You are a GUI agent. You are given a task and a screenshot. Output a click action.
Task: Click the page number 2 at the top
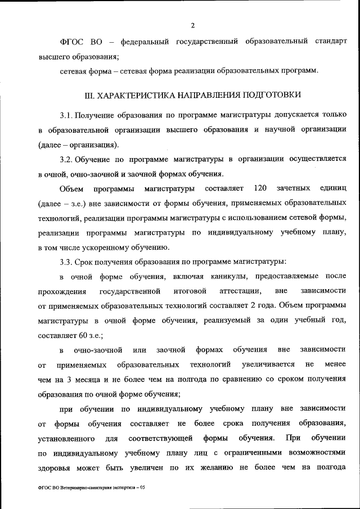[192, 25]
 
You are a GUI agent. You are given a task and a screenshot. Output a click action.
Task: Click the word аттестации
[238, 291]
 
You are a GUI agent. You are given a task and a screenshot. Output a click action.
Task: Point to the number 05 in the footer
[141, 488]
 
